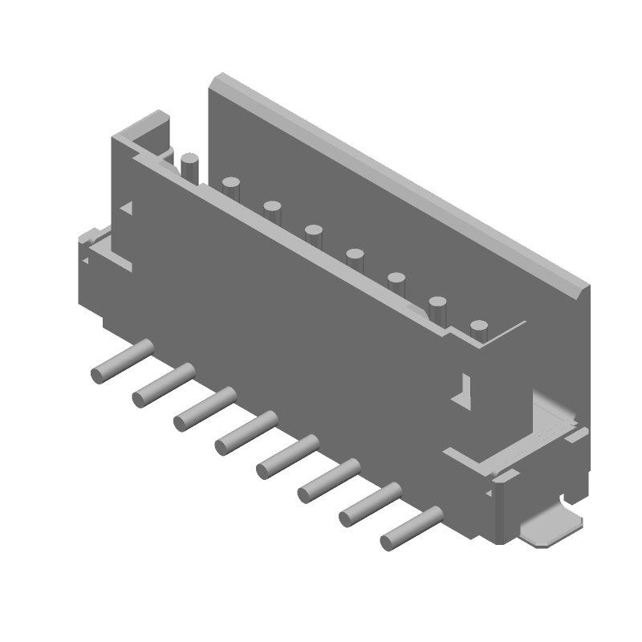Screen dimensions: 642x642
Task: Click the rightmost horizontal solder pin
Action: pyautogui.click(x=412, y=528)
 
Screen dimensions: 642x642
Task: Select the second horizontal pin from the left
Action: pyautogui.click(x=164, y=384)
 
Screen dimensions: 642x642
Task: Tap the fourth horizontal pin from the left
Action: pyautogui.click(x=246, y=432)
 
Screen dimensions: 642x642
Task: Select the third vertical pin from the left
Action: pyautogui.click(x=272, y=213)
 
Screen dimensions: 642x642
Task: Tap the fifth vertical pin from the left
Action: pyautogui.click(x=355, y=260)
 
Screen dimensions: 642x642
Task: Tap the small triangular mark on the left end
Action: pyautogui.click(x=126, y=207)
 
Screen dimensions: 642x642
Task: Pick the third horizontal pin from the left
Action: pyautogui.click(x=205, y=408)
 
